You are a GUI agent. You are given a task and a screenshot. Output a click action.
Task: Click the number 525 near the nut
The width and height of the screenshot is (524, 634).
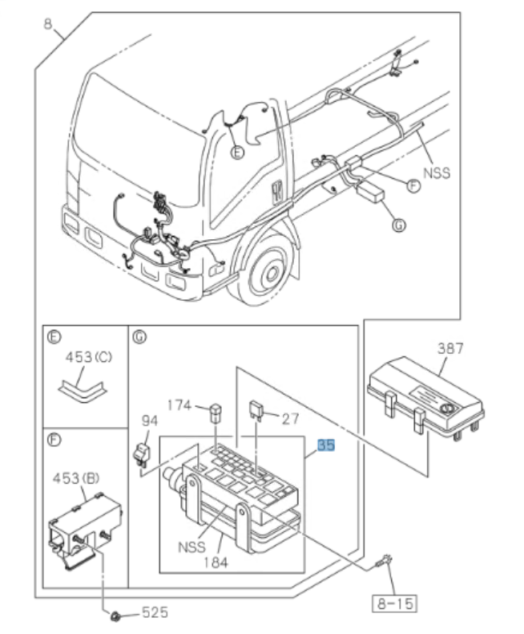155,613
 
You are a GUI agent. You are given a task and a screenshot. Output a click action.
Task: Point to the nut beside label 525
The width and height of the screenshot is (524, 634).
117,616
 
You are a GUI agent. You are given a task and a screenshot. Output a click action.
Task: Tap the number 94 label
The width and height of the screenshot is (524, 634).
150,420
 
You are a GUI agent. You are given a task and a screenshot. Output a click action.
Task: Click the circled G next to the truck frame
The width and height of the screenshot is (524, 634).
398,226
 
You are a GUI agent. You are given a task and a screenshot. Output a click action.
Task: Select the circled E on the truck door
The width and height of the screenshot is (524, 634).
237,152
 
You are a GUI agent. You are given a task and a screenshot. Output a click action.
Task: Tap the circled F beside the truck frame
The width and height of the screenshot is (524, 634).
413,185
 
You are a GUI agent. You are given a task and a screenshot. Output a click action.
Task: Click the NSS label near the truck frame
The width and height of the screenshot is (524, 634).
437,172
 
